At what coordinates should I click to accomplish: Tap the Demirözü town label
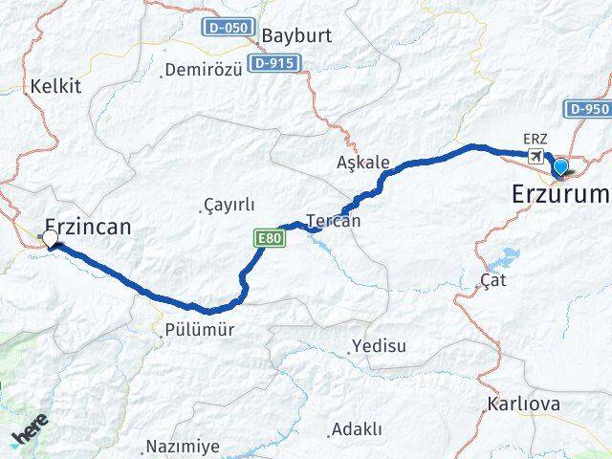click(200, 70)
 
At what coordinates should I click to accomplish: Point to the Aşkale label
click(363, 163)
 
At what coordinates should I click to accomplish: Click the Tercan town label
click(333, 221)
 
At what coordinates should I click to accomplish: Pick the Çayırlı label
click(228, 205)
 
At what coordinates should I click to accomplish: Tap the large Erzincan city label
click(87, 227)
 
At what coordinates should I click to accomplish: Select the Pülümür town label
click(195, 330)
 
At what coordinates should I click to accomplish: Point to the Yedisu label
click(380, 344)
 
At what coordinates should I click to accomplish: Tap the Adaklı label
click(355, 429)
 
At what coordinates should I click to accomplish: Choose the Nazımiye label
click(182, 447)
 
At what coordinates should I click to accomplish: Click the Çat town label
click(493, 281)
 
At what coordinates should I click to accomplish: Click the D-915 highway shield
click(273, 63)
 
